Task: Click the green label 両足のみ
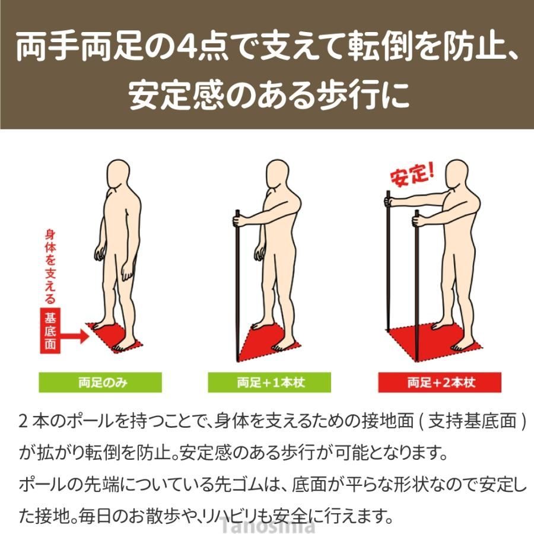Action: [100, 383]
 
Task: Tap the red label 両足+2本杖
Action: [440, 383]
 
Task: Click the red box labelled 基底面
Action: [50, 330]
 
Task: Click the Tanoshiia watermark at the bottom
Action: [266, 525]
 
